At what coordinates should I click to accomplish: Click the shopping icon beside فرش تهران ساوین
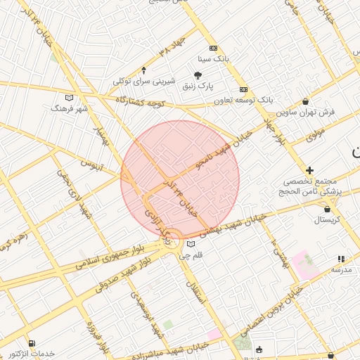304,101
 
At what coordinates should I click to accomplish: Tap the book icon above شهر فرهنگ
68,98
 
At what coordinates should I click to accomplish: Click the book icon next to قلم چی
191,245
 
